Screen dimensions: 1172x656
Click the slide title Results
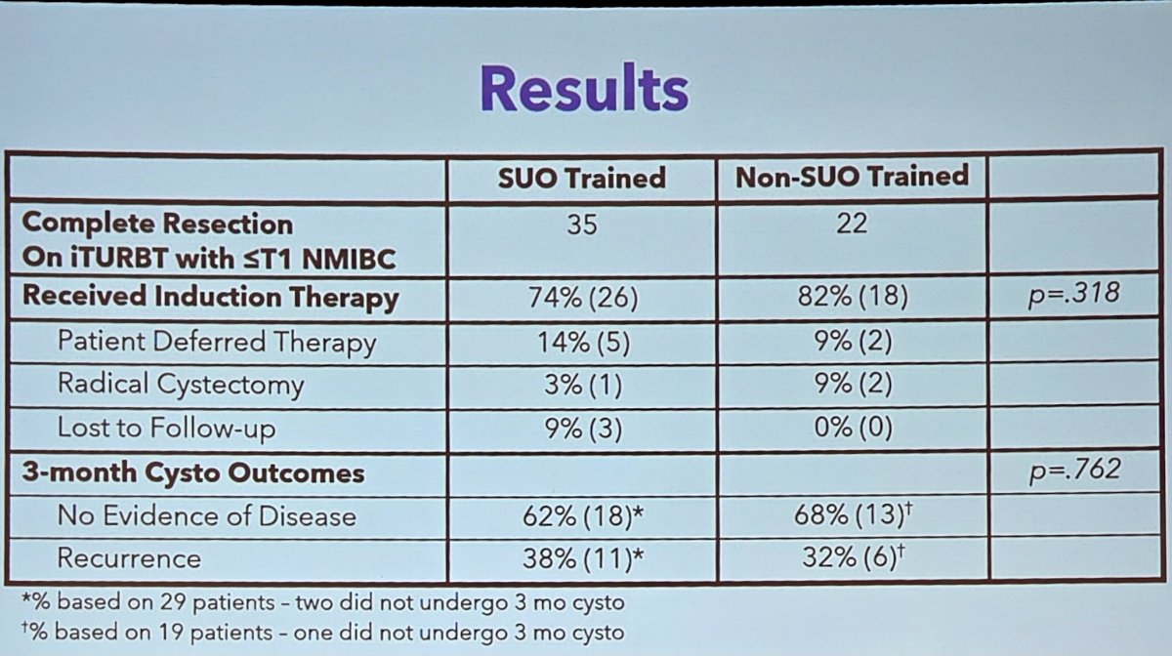[x=584, y=88]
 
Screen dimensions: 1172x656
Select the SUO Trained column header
[x=582, y=178]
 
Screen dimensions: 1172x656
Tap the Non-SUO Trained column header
[x=852, y=177]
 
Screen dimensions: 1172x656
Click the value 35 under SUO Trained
[x=582, y=225]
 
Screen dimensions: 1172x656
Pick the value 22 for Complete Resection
[x=852, y=224]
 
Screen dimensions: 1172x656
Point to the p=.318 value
[x=1073, y=294]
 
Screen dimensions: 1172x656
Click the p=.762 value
[x=1074, y=471]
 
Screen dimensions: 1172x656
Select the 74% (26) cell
[x=583, y=298]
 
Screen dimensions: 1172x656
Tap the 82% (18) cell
[x=853, y=296]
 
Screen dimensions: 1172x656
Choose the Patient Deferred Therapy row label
[x=217, y=343]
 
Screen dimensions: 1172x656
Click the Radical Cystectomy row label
[x=181, y=385]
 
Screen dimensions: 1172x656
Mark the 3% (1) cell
[x=583, y=385]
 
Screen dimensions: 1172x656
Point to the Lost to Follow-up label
[x=166, y=428]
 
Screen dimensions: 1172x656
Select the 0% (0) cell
[x=853, y=428]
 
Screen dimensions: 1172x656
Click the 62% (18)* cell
[x=583, y=516]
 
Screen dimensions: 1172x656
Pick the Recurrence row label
[x=129, y=557]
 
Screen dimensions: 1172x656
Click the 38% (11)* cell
[x=583, y=558]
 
